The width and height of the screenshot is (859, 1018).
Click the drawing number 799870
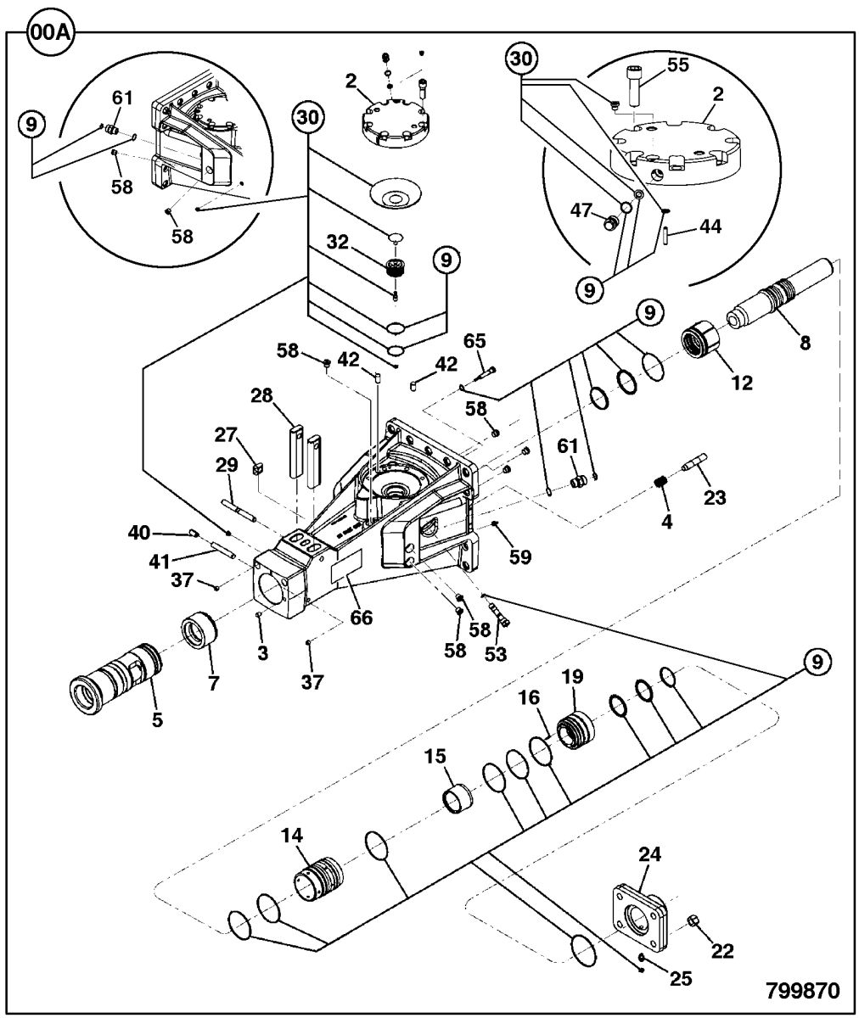802,991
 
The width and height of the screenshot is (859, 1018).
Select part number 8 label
805,343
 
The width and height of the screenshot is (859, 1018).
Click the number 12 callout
741,383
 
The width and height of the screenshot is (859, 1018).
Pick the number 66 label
362,618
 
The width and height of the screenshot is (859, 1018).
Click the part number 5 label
158,720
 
